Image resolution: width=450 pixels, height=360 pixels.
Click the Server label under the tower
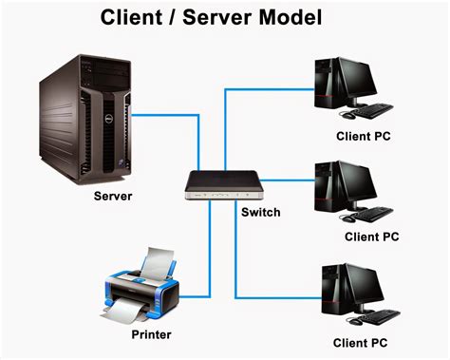pyautogui.click(x=113, y=197)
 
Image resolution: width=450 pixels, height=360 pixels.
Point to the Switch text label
pyautogui.click(x=260, y=212)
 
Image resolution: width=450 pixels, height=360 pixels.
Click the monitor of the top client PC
pyautogui.click(x=366, y=81)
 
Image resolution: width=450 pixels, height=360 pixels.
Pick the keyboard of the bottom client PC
pyautogui.click(x=379, y=314)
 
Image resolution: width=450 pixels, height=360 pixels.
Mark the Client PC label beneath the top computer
pyautogui.click(x=361, y=136)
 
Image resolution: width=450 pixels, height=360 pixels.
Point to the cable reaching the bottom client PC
pyautogui.click(x=275, y=296)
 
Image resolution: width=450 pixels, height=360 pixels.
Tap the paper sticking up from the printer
pyautogui.click(x=157, y=259)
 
